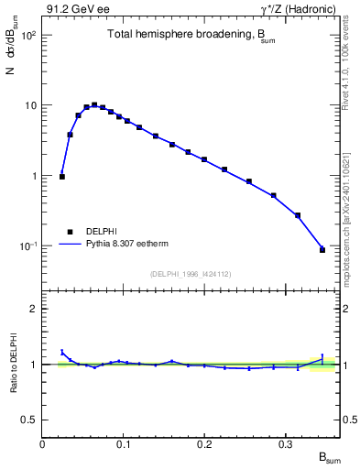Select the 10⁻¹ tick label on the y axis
(26, 245)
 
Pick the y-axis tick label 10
(28, 105)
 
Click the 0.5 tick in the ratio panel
(30, 420)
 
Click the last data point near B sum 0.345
(322, 249)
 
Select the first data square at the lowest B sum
(62, 176)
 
